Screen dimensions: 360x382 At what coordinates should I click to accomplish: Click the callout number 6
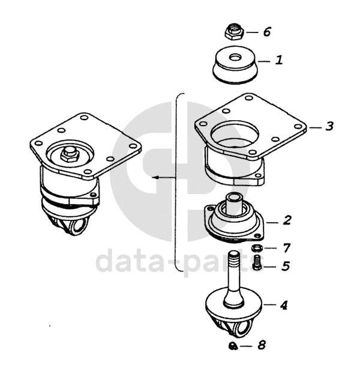[x=267, y=32]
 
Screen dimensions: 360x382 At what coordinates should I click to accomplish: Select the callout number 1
[x=279, y=59]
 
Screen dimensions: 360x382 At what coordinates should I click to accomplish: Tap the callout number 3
[x=329, y=126]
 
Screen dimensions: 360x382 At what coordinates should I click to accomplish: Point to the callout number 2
[x=287, y=220]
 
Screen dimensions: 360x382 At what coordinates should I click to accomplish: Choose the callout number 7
[x=286, y=248]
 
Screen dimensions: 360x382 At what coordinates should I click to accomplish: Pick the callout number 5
[x=286, y=266]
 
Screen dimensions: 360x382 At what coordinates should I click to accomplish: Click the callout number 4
[x=284, y=305]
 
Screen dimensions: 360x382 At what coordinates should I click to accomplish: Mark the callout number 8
[x=262, y=345]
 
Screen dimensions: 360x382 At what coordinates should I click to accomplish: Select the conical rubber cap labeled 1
[x=235, y=65]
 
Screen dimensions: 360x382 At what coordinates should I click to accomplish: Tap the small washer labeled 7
[x=257, y=248]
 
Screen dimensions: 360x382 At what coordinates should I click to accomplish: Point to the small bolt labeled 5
[x=257, y=262]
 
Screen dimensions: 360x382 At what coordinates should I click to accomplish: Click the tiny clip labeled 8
[x=233, y=346]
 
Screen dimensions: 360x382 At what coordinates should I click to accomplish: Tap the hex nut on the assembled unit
[x=69, y=154]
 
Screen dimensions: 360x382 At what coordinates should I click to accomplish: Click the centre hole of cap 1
[x=235, y=58]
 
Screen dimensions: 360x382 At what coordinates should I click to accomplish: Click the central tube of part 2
[x=233, y=202]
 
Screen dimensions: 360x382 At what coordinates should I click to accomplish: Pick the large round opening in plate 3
[x=235, y=134]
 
